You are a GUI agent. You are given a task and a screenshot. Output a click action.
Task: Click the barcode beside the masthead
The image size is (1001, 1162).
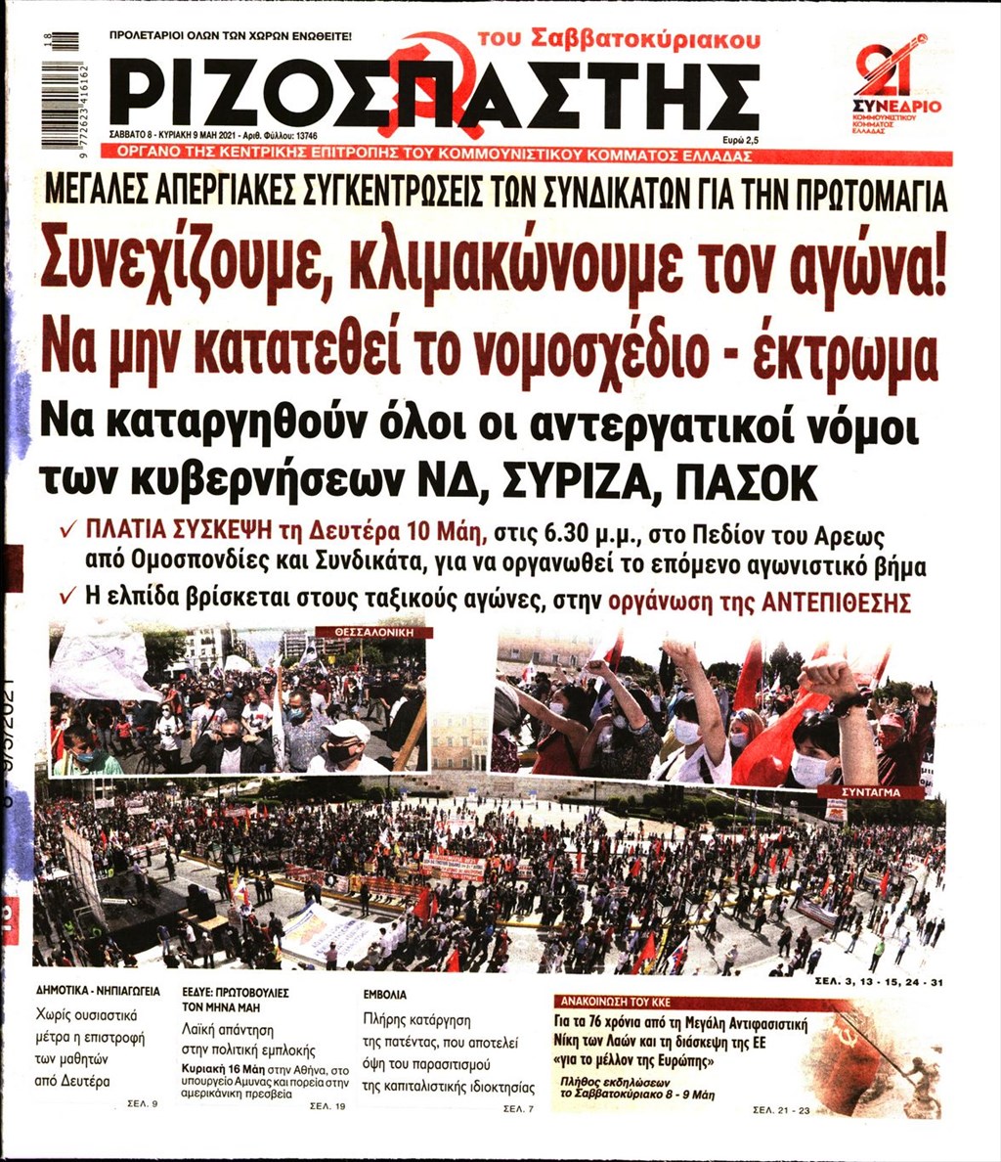60,90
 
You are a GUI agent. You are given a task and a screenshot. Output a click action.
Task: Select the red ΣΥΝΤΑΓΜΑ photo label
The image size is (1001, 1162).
869,790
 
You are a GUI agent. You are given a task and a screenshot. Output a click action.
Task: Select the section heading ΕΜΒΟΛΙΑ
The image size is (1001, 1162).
384,994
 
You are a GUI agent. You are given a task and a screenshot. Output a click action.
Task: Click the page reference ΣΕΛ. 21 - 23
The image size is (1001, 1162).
783,1109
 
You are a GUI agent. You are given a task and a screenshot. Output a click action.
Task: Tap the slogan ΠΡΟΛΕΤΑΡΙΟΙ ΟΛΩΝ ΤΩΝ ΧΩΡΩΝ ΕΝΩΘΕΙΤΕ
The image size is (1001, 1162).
231,36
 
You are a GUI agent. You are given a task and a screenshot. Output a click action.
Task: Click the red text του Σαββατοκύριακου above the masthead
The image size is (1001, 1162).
618,38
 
